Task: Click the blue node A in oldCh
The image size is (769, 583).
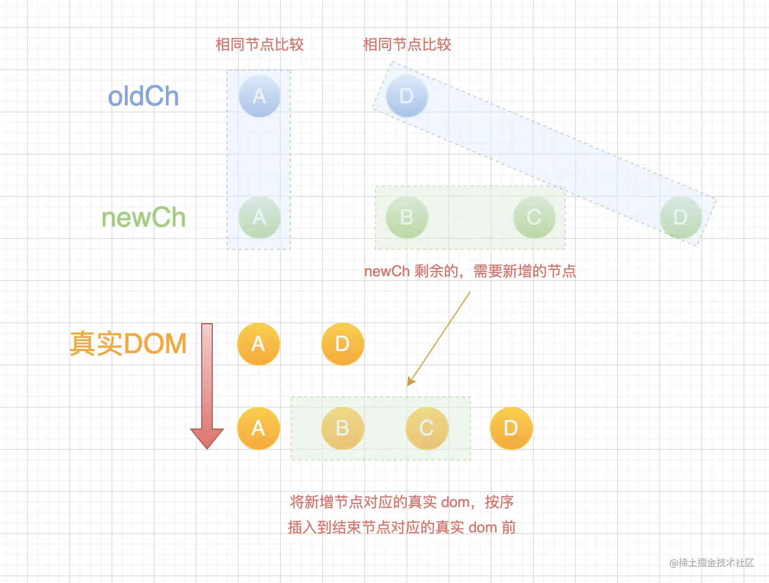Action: click(x=259, y=96)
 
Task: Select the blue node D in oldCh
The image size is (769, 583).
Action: click(x=407, y=96)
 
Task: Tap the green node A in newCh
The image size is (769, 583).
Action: click(x=259, y=217)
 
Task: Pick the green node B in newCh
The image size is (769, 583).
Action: click(x=407, y=217)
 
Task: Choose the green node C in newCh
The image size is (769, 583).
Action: click(x=534, y=217)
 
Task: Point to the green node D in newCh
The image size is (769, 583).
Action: click(x=681, y=217)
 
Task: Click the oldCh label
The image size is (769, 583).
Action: click(x=143, y=97)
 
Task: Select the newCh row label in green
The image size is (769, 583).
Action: click(x=143, y=218)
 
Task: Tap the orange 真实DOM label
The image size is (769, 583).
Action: click(x=128, y=344)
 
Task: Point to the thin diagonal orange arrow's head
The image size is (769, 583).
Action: click(x=411, y=382)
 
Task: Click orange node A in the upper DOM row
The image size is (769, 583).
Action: click(x=258, y=344)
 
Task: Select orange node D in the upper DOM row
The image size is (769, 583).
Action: click(x=342, y=344)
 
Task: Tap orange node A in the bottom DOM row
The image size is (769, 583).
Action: click(x=258, y=428)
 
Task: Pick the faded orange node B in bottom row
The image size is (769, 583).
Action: click(x=342, y=428)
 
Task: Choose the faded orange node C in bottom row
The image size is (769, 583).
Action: click(x=427, y=428)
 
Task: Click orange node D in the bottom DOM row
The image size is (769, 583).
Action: click(x=511, y=428)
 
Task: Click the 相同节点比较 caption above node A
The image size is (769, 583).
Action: click(x=260, y=45)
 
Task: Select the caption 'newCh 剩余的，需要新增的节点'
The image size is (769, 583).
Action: click(x=470, y=271)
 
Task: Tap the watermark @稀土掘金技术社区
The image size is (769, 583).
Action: click(x=711, y=562)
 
